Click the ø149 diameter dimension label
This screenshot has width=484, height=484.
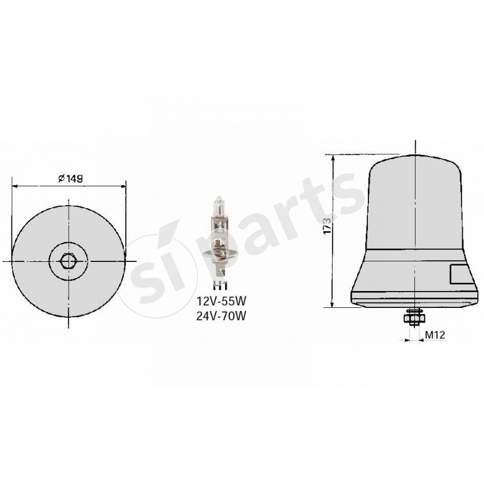[70, 178]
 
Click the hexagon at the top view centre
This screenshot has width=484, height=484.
[68, 261]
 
